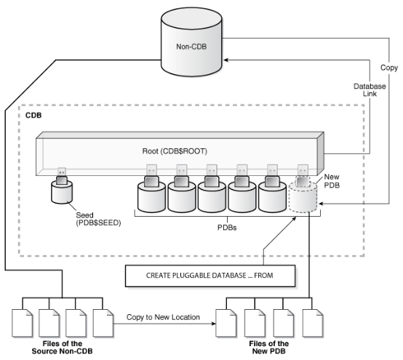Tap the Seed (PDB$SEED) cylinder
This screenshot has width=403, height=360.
63,193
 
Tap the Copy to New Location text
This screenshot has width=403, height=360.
157,318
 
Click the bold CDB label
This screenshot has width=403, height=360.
33,116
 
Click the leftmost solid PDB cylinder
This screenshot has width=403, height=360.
152,196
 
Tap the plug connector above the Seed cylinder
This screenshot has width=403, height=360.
63,175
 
